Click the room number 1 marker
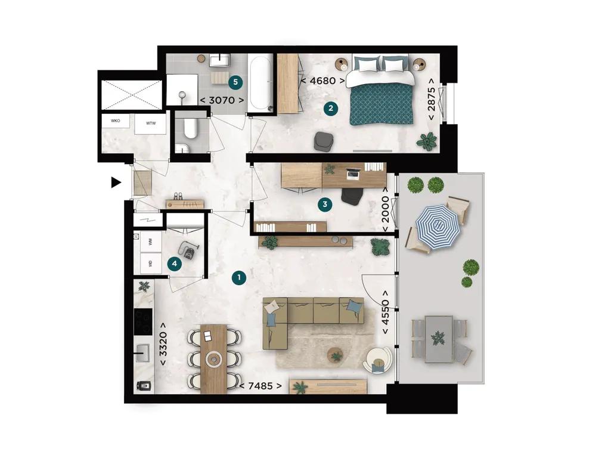(238, 277)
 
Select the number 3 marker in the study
(324, 205)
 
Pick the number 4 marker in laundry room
(174, 263)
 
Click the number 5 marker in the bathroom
(235, 80)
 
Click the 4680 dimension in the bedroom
(322, 80)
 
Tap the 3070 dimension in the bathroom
(222, 100)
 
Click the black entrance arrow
(116, 182)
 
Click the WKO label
(116, 120)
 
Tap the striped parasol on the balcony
(438, 226)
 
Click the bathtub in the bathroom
(259, 83)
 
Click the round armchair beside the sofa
(379, 360)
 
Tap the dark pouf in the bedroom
(324, 141)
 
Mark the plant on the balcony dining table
(439, 338)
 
